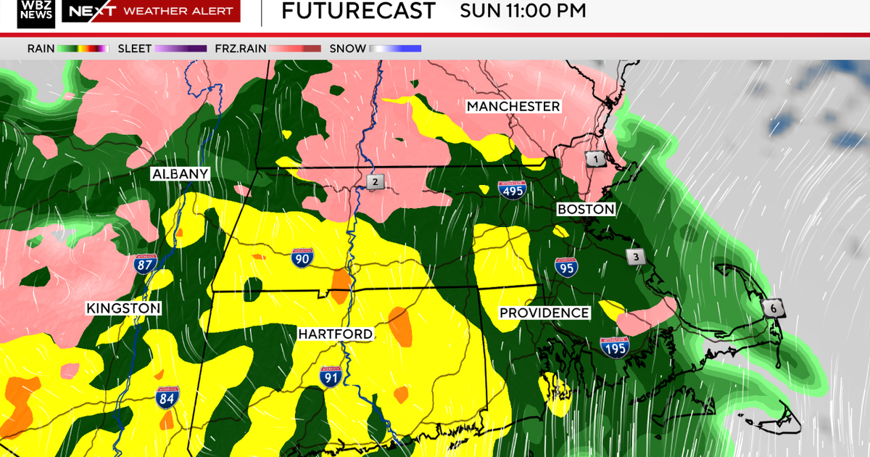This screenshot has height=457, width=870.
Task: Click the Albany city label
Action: tap(181, 174)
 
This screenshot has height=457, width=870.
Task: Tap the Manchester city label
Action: tap(513, 107)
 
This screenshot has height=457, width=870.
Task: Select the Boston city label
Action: tap(586, 210)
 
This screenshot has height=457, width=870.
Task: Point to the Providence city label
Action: tap(544, 313)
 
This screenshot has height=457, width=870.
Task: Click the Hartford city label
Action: tap(336, 334)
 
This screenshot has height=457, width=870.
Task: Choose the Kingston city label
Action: tap(123, 308)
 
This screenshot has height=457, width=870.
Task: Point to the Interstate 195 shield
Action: tap(614, 347)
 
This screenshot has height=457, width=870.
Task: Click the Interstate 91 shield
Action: tap(331, 376)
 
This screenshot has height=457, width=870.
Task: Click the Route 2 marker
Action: tap(375, 182)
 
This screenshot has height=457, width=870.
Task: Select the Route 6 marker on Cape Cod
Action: tap(773, 308)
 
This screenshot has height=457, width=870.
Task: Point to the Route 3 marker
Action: tap(636, 257)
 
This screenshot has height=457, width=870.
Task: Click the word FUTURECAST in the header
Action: tap(358, 11)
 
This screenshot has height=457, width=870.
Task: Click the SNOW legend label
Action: tap(347, 49)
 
